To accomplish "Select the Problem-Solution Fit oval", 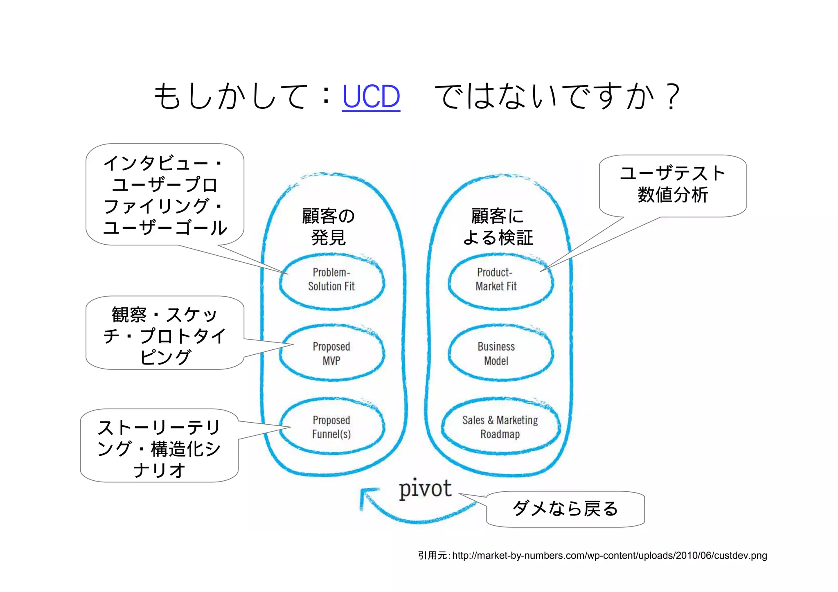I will point(331,280).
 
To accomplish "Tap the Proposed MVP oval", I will point(331,353).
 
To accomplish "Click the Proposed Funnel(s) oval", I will point(331,427).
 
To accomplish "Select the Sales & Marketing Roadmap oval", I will point(500,427).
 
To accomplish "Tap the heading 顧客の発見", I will point(329,227).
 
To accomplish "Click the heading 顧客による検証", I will point(498,227).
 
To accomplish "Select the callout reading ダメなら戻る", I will point(565,509).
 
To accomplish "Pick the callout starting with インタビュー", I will point(164,195).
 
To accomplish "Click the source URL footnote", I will point(609,556).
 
